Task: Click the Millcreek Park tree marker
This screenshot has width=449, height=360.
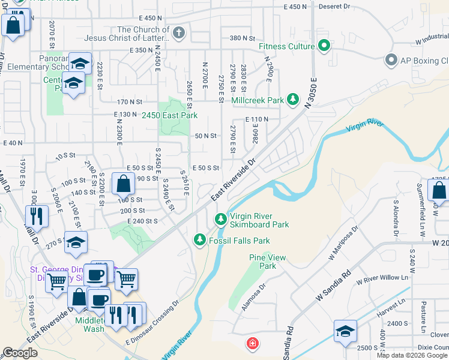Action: coord(293,100)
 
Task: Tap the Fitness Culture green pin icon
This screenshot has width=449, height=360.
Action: coord(324,46)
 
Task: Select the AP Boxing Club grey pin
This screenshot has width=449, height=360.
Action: coord(391,61)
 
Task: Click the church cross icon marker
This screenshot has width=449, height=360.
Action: coord(178,33)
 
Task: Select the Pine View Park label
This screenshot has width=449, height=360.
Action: coord(262,262)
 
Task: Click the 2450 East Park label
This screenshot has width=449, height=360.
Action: coord(170,115)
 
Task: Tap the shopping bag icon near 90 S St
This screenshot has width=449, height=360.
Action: coord(123,182)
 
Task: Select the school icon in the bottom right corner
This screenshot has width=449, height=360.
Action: coord(345,332)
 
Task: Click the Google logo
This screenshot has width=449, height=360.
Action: coord(20,353)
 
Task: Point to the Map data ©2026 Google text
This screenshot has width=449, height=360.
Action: coord(412,355)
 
